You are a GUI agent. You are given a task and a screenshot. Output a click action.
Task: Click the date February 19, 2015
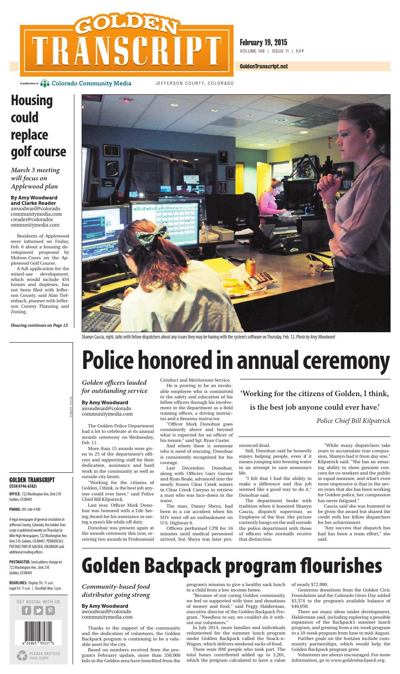263,43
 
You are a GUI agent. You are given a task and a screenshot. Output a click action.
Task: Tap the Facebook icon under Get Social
26,610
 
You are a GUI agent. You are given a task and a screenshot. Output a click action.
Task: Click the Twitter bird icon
38,610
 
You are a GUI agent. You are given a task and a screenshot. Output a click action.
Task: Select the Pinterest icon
50,610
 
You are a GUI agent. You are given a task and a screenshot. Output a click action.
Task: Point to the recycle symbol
22,656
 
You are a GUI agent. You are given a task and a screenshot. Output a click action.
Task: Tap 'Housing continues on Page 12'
39,325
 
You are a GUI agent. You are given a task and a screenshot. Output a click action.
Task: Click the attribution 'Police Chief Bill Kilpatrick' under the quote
353,421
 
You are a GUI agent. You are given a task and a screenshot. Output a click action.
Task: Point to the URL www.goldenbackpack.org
357,660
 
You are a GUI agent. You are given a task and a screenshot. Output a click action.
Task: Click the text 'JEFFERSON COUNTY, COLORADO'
195,83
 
